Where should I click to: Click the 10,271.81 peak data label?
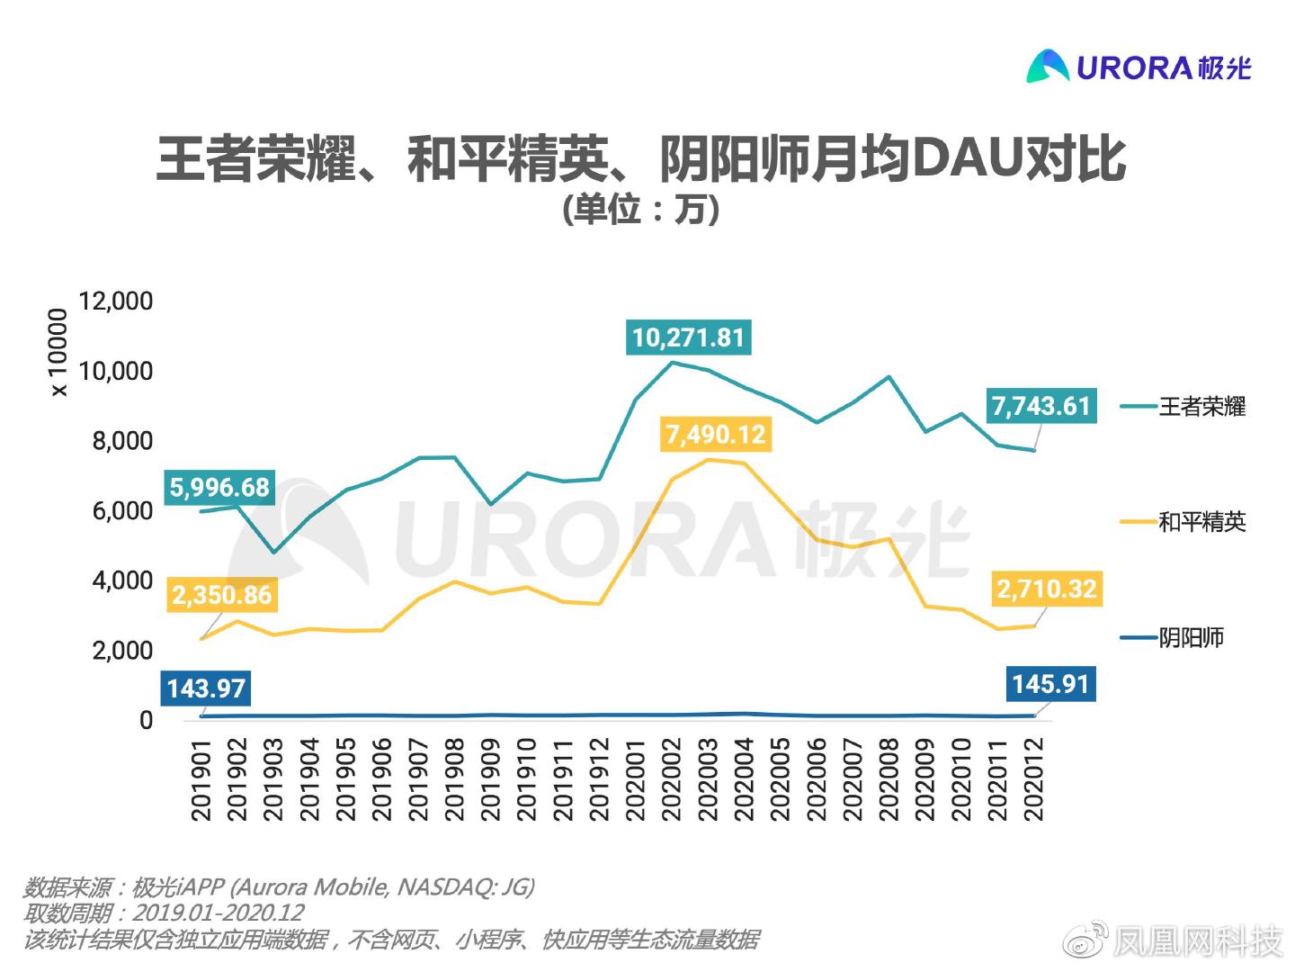(x=689, y=337)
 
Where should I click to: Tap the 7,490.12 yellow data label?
(x=715, y=435)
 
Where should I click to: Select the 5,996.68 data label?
(x=219, y=488)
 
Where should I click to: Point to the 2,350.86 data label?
(x=221, y=595)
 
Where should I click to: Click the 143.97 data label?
(x=206, y=688)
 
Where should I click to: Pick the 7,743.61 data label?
(x=1040, y=406)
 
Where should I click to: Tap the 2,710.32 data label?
(x=1046, y=589)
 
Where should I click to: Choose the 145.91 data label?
(x=1049, y=684)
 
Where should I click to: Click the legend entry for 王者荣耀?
(x=1201, y=407)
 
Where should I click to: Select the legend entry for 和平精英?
(x=1201, y=522)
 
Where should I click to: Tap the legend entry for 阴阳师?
(x=1190, y=638)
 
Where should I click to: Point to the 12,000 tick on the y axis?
(x=116, y=301)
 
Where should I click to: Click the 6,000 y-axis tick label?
(x=122, y=510)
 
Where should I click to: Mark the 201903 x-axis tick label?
(x=274, y=779)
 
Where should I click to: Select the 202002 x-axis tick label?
(x=672, y=779)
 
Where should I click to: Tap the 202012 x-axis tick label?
(x=1034, y=779)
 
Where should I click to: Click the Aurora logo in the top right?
(x=1139, y=66)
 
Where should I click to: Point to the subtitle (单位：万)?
(x=640, y=210)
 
